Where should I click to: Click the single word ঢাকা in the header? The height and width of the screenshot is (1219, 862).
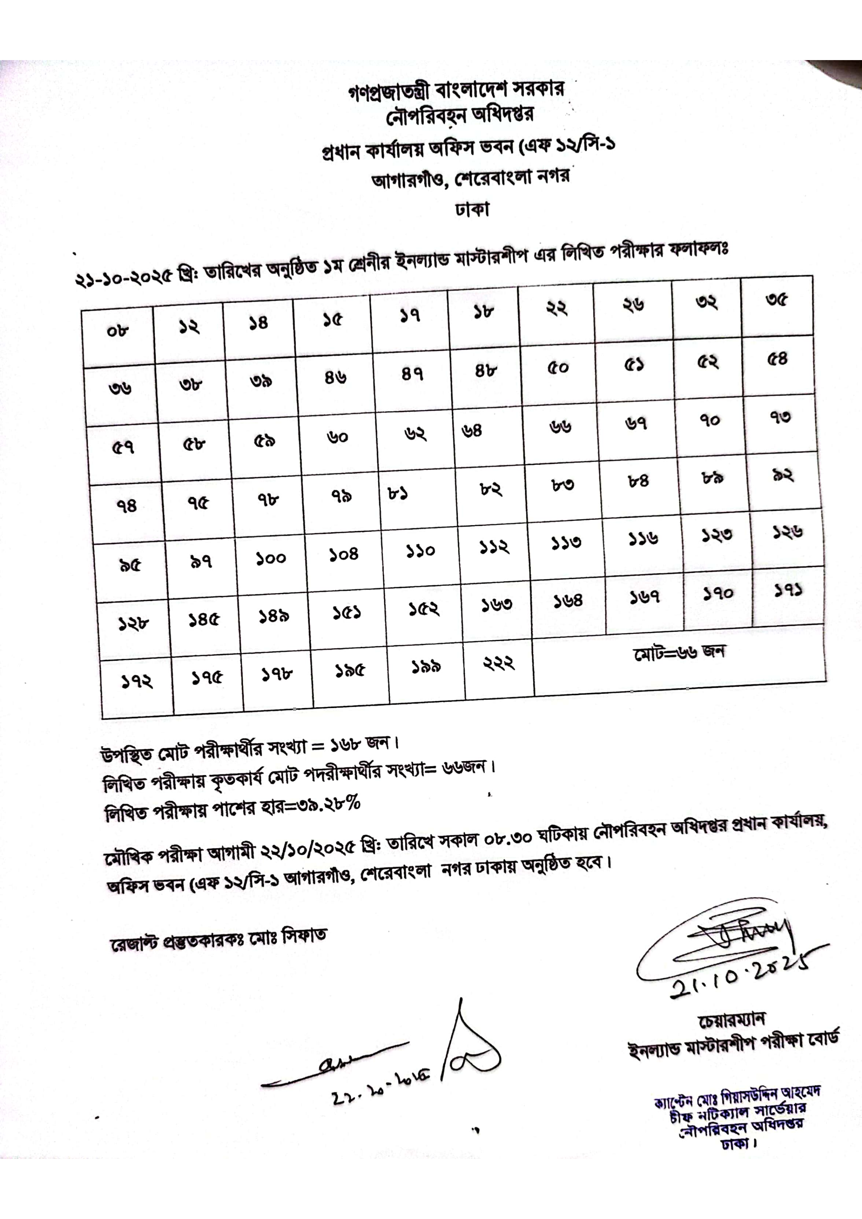coord(472,209)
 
